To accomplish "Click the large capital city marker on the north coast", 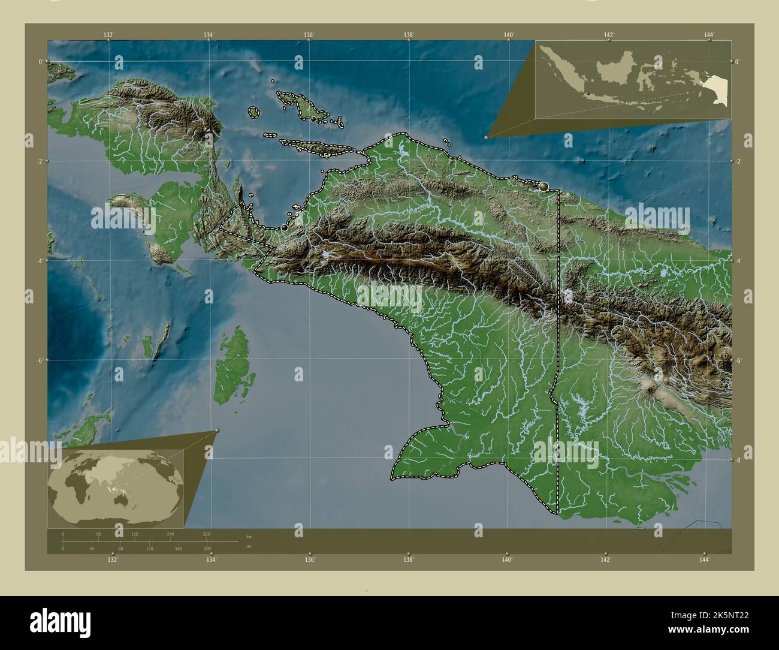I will coord(544,186).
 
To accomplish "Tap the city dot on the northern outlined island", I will coord(313,119).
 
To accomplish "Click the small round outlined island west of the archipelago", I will coord(253,112).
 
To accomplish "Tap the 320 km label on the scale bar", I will coord(207,534).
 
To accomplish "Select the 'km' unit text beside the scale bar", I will coord(249,536).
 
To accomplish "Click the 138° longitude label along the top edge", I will coord(409,35).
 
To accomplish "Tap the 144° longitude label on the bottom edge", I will coord(705,559).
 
